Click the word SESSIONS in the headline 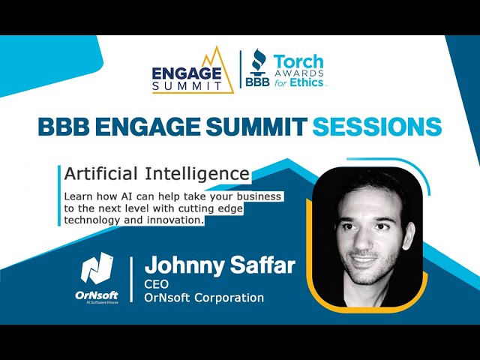pos(377,127)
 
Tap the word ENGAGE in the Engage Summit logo pos(187,73)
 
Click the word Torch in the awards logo pos(298,61)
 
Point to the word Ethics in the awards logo pos(307,82)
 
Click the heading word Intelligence pos(196,174)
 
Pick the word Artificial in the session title pos(100,174)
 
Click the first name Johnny pos(184,265)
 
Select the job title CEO pos(157,284)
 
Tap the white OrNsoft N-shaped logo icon pos(97,268)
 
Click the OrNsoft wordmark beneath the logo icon pos(97,295)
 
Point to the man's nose pos(361,241)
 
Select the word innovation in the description pos(175,220)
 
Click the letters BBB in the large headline pos(63,127)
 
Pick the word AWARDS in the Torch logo pos(298,73)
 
